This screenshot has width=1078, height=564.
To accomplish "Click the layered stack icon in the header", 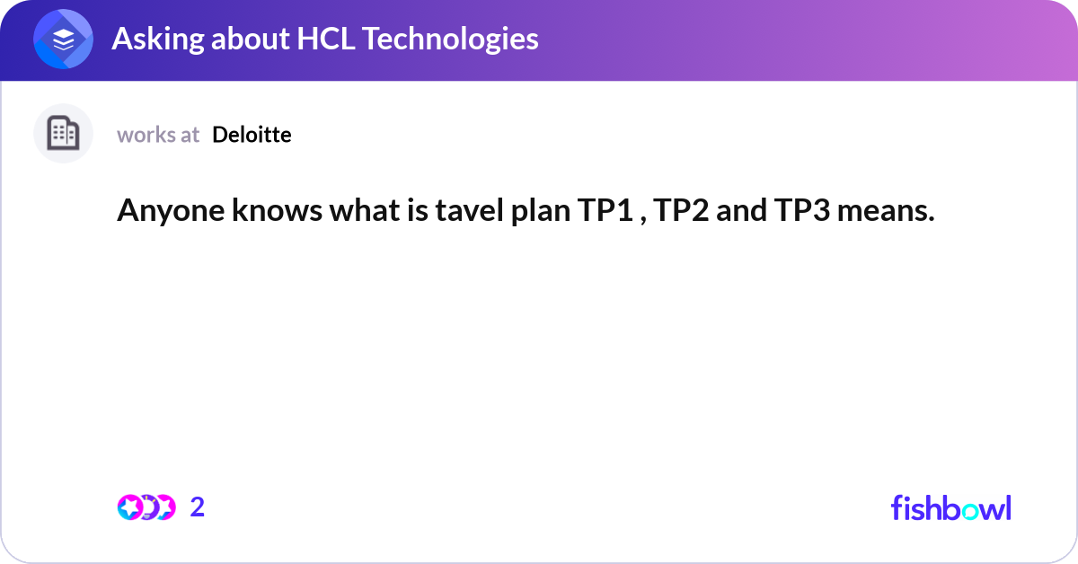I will (63, 39).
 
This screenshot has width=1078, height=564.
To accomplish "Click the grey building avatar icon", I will (63, 134).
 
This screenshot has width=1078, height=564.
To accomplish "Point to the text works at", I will (158, 135).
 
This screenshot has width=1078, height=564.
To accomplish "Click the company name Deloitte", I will (252, 135).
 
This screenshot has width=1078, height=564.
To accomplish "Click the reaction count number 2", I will (198, 507).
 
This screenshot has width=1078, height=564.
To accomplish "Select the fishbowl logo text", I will (950, 507).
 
